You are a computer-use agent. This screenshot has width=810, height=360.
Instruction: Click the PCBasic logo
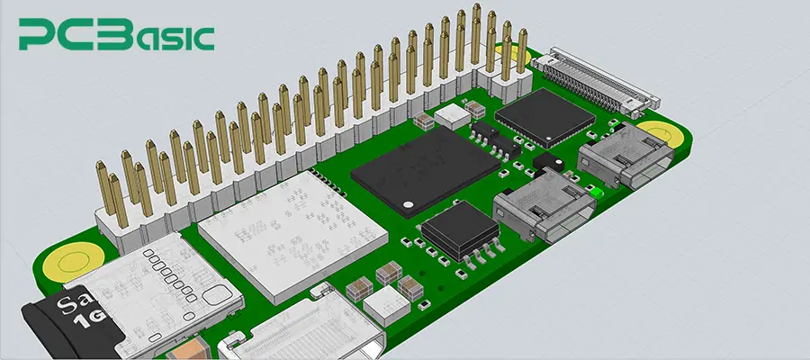[117, 35]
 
